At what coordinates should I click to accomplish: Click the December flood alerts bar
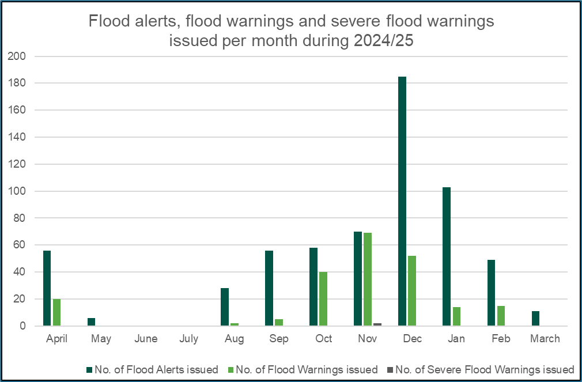402,201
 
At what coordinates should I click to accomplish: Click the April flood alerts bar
47,288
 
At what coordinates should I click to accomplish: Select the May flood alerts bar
91,322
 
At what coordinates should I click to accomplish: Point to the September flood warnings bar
279,323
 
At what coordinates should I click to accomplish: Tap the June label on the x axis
146,339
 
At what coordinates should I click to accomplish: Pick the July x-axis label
190,339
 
